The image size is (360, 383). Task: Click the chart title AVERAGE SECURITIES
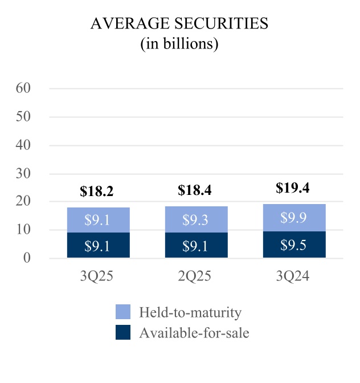click(179, 25)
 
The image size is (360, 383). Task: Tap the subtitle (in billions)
click(179, 44)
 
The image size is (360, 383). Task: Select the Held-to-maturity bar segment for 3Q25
click(99, 219)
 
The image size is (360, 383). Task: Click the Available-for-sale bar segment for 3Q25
click(99, 245)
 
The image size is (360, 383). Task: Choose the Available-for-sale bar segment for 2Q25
click(197, 245)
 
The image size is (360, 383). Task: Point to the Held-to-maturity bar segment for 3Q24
click(294, 217)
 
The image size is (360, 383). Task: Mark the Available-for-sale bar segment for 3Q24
click(294, 245)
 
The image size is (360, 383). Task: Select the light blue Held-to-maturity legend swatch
click(122, 312)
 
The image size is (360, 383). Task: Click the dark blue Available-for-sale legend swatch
click(122, 332)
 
